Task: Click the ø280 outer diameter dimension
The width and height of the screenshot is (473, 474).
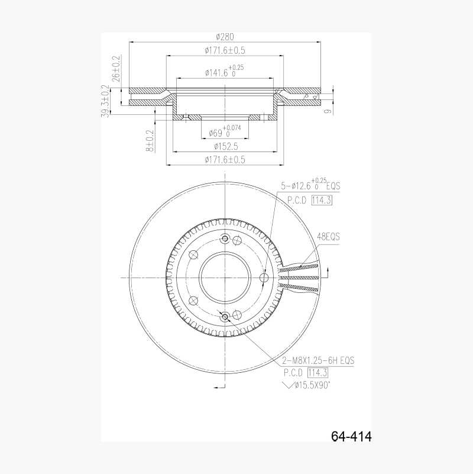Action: point(225,37)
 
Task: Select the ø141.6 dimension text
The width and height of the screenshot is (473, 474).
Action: point(224,72)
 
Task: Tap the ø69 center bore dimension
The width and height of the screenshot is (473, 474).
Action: point(225,131)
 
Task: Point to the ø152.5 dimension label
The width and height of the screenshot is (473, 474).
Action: point(226,147)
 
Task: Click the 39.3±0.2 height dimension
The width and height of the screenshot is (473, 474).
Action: point(105,101)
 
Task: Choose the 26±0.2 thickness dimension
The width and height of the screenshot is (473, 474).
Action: point(116,69)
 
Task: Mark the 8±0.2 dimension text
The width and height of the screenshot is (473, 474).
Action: point(150,141)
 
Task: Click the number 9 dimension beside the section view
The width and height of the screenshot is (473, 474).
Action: point(328,111)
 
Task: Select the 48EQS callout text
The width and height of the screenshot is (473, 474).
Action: point(329,236)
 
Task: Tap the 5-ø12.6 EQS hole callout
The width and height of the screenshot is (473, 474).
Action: point(310,185)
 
